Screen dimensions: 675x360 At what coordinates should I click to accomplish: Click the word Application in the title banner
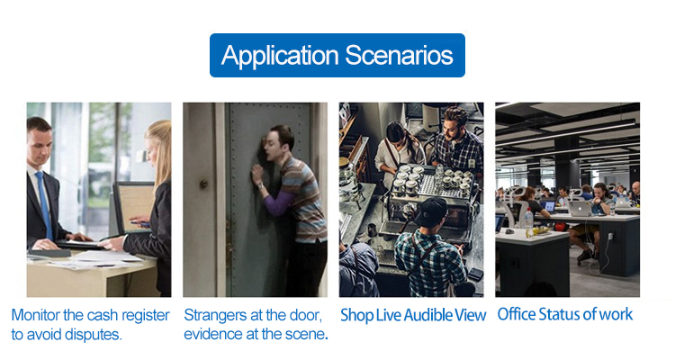280,56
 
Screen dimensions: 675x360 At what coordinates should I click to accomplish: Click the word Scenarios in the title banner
399,55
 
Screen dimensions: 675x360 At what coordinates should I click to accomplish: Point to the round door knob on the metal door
203,184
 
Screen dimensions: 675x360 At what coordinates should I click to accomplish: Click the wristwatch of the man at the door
260,185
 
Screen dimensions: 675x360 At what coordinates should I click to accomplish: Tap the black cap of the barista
431,211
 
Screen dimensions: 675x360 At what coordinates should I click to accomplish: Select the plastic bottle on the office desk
529,222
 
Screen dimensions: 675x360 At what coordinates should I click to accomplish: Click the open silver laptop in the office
578,208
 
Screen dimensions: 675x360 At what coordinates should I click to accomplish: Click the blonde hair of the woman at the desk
159,150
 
